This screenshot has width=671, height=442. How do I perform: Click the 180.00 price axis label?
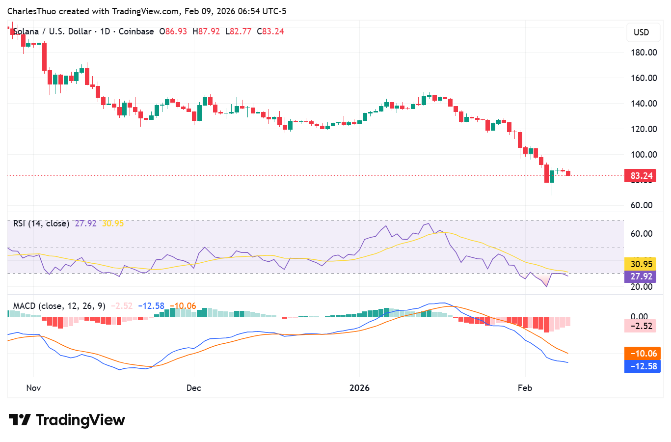(x=644, y=53)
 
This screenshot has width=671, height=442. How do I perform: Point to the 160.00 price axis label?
(x=644, y=78)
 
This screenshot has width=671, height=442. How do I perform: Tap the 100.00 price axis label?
(x=644, y=155)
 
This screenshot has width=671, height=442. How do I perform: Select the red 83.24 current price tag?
(x=641, y=176)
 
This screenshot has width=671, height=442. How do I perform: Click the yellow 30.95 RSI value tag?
(x=641, y=264)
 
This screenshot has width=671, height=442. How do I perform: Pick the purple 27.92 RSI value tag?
(x=641, y=276)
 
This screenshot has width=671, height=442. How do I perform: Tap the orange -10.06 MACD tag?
(x=643, y=354)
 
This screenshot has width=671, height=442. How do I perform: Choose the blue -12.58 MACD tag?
(x=643, y=366)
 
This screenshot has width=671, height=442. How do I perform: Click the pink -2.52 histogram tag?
(x=641, y=326)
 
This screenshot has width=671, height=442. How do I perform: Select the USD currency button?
(x=641, y=32)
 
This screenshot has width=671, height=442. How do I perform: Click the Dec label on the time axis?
(x=194, y=388)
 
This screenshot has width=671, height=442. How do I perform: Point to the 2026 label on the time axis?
(x=359, y=388)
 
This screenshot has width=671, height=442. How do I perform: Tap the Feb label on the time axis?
(x=525, y=388)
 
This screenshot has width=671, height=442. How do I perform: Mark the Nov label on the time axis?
(x=33, y=388)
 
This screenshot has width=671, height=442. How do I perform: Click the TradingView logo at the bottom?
(x=67, y=420)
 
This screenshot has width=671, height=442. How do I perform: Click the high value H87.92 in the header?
(x=206, y=31)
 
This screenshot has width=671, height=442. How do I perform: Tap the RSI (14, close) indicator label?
(x=41, y=223)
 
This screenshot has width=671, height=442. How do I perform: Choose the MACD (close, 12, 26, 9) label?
(x=59, y=306)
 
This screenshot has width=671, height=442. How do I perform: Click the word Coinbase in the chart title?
(x=136, y=31)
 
